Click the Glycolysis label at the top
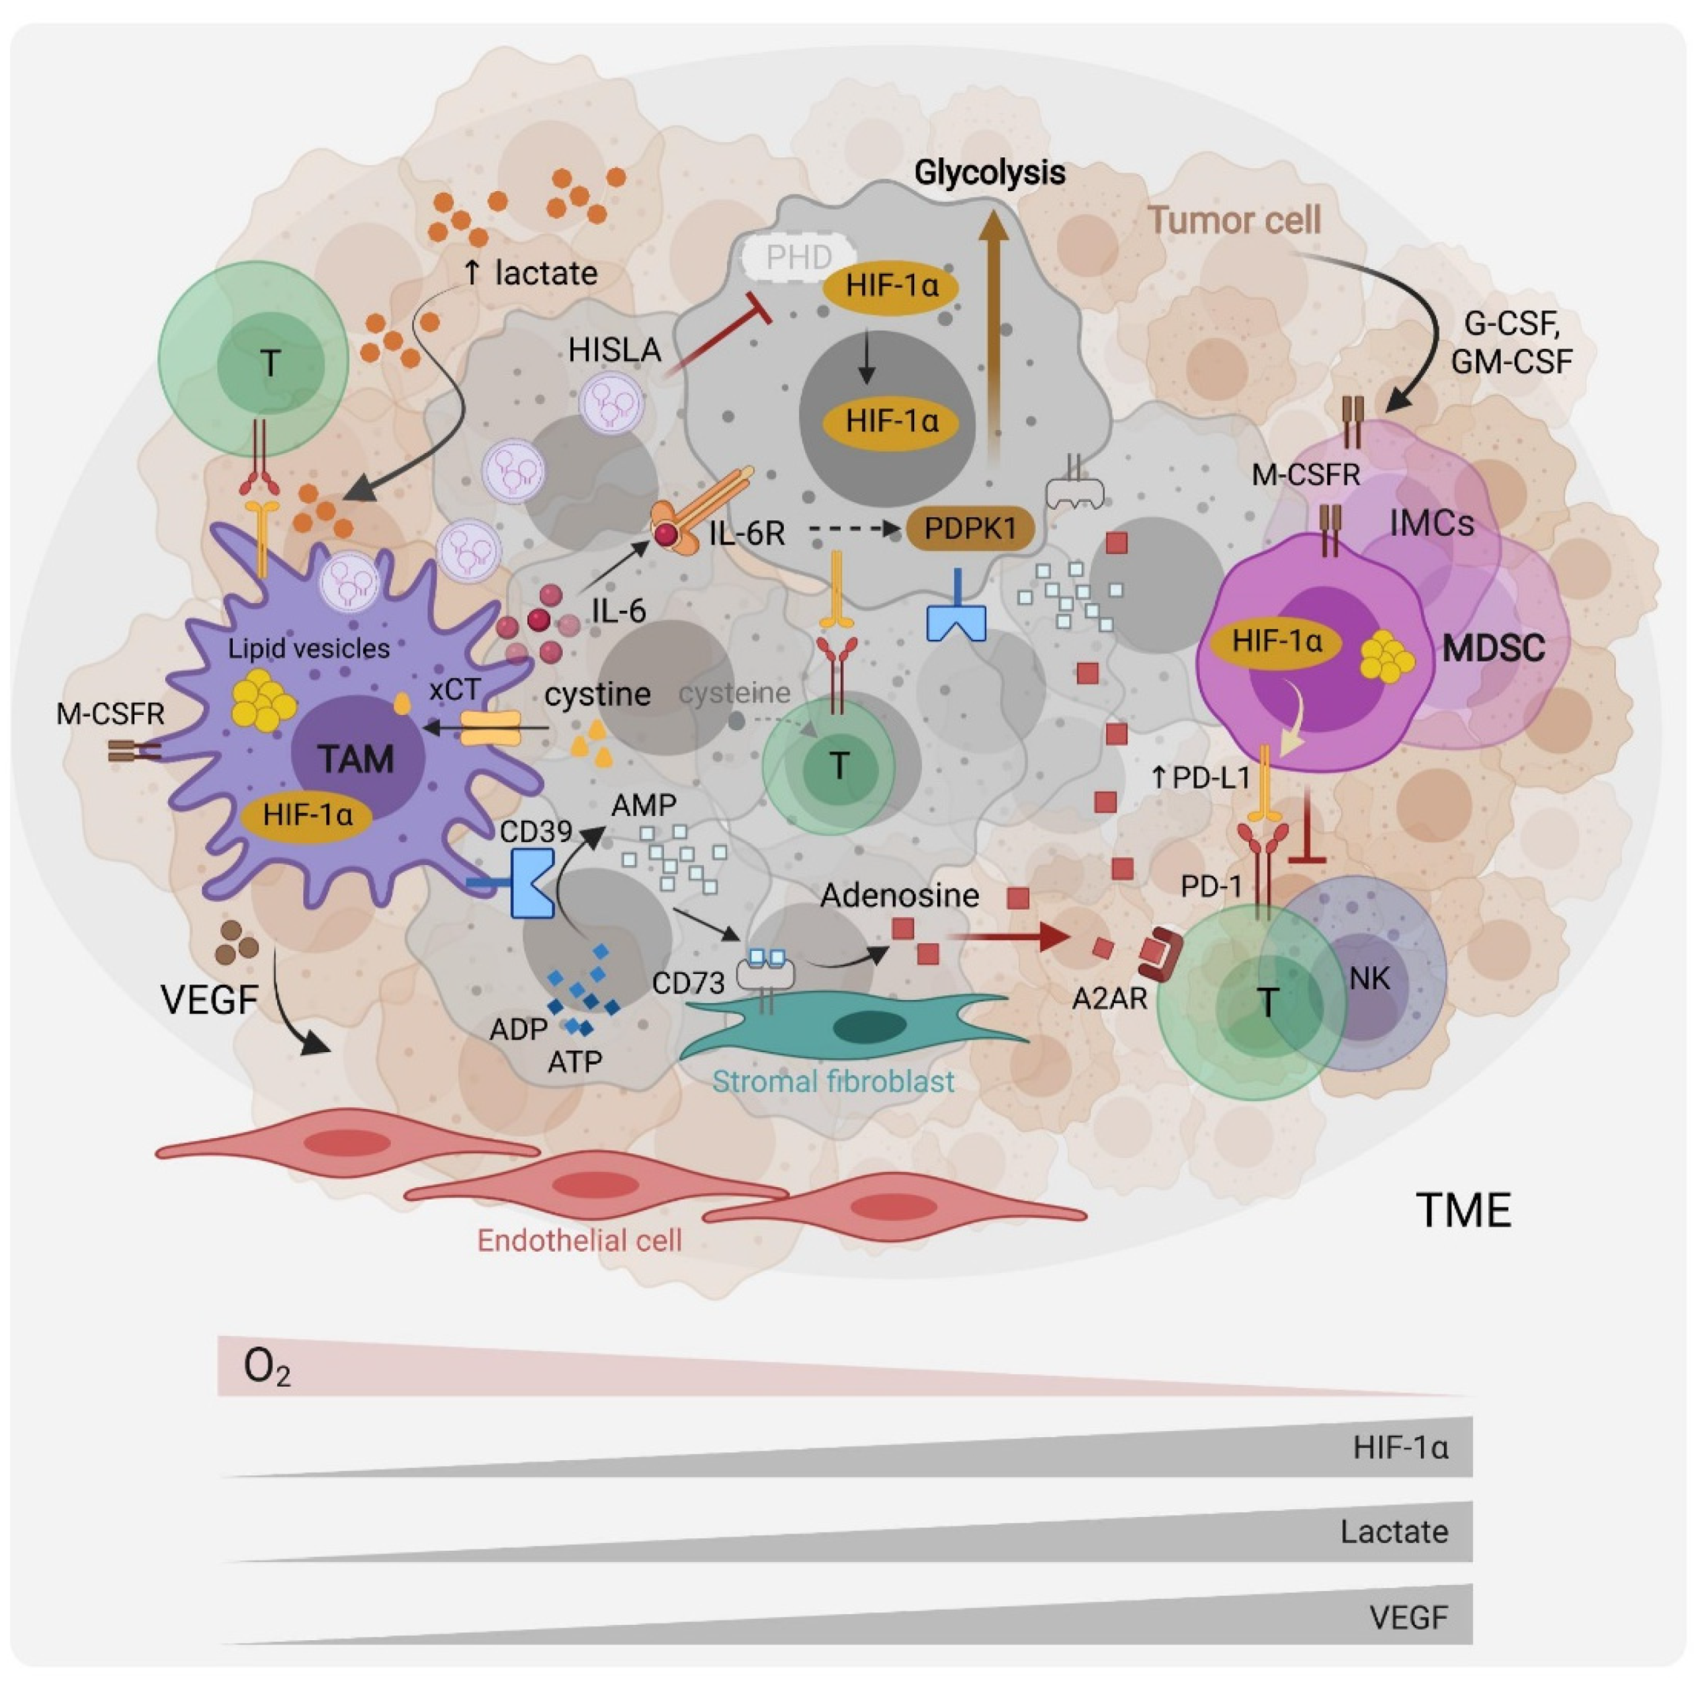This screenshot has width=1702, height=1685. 990,173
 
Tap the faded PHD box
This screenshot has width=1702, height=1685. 798,257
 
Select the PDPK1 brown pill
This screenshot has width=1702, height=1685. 970,528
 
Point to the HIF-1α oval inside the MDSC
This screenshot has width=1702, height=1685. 1277,641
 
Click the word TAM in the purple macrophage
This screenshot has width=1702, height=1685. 356,759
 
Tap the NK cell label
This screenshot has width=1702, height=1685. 1369,977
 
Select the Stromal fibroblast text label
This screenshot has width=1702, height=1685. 833,1082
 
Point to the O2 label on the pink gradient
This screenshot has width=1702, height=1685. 266,1368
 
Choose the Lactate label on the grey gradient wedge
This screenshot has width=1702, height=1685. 1394,1532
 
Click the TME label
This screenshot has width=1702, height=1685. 1463,1210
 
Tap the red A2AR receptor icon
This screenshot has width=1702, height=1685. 1158,954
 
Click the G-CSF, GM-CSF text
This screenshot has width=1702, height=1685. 1511,343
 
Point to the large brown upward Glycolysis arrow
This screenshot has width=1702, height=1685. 995,335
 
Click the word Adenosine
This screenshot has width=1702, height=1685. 900,896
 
